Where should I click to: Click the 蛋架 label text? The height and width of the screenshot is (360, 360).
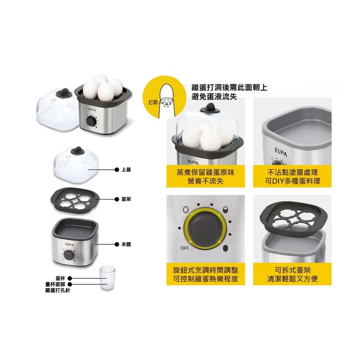point(125,199)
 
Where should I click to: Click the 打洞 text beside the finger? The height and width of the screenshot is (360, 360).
point(152,103)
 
